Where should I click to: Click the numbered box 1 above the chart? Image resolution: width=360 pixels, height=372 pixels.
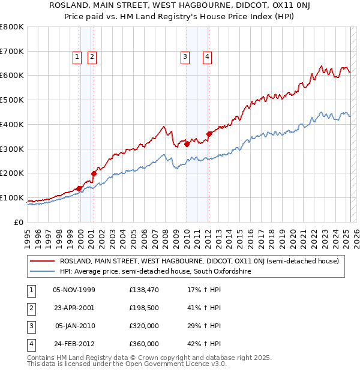78,57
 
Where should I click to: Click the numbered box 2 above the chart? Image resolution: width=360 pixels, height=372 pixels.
92,57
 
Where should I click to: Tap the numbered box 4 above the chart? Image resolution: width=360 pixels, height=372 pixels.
206,57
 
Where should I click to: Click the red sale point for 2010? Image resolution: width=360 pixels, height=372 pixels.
187,144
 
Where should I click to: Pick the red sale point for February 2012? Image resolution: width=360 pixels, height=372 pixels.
209,134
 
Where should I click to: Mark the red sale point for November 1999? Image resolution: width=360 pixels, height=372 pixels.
79,188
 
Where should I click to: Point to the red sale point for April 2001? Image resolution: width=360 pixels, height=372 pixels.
94,173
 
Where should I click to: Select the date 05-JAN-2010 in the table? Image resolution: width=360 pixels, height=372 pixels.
74,326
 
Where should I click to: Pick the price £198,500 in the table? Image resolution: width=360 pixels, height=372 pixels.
144,308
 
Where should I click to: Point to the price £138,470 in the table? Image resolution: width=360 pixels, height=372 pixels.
144,290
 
